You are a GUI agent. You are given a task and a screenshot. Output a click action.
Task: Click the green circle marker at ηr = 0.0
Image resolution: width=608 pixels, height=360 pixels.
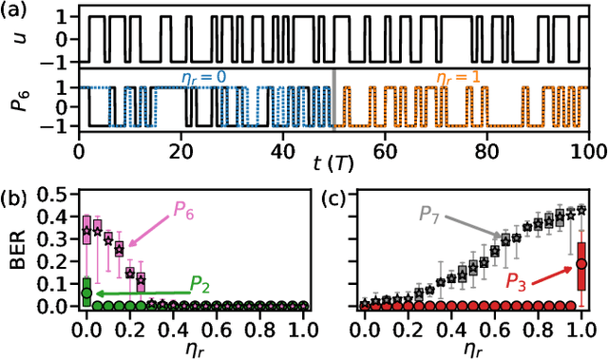(x=86, y=292)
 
